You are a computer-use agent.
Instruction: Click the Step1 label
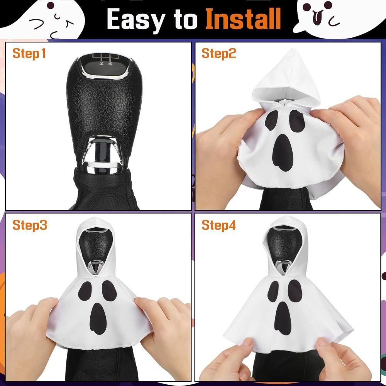[29, 53]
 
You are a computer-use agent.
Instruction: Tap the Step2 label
[218, 53]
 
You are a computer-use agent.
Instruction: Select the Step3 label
[30, 225]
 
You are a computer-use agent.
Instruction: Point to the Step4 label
[218, 225]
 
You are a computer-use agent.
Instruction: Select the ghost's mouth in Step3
[98, 318]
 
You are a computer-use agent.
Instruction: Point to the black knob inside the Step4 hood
[284, 243]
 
